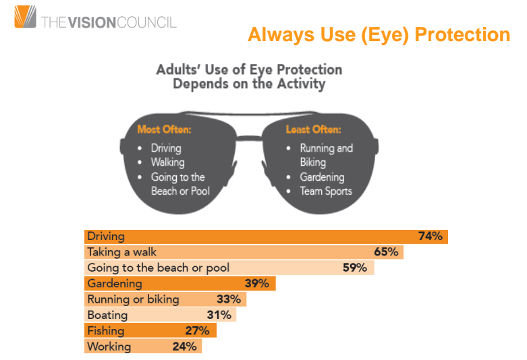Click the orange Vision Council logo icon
(26, 17)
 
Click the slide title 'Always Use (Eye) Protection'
(379, 34)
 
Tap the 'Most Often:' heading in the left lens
(163, 129)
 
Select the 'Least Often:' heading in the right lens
(313, 129)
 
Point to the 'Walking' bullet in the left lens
(167, 162)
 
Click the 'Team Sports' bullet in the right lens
(326, 191)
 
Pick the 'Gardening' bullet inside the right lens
(322, 177)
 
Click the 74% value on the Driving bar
(430, 237)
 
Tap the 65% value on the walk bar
(387, 252)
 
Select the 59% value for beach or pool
(354, 268)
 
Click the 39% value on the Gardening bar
(256, 284)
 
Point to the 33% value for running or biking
(228, 299)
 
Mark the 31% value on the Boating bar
(219, 315)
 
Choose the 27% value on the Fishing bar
(198, 331)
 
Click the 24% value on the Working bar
(184, 347)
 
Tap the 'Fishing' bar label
(106, 331)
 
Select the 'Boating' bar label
(107, 315)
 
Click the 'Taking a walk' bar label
(122, 252)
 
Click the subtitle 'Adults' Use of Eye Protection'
(249, 69)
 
